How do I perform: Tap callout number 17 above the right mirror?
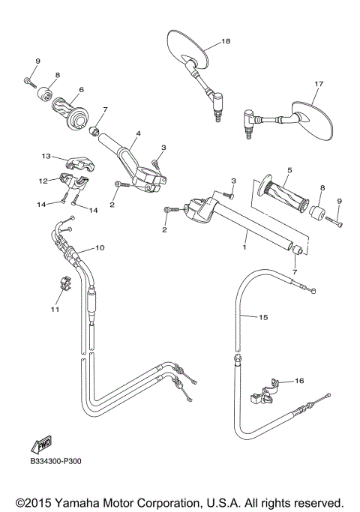(x=319, y=84)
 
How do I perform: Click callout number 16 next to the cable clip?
(x=299, y=382)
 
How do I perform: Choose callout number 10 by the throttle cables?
(x=100, y=247)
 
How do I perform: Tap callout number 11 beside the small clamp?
(x=54, y=308)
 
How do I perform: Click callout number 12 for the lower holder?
(x=43, y=181)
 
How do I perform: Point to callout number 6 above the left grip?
(x=80, y=89)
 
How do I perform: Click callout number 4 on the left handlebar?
(x=137, y=133)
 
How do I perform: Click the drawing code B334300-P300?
(x=56, y=463)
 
